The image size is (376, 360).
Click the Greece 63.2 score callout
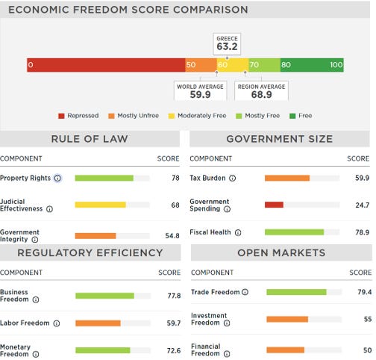(x=227, y=44)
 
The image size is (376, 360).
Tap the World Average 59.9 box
(x=200, y=91)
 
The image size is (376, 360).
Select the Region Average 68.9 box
(x=261, y=91)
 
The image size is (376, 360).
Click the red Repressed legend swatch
(x=61, y=116)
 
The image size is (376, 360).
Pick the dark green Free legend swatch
(x=292, y=116)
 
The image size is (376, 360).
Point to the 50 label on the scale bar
(x=191, y=65)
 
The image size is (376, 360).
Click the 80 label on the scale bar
(x=286, y=65)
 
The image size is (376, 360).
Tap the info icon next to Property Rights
(x=57, y=179)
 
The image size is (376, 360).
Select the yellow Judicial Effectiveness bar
(x=100, y=205)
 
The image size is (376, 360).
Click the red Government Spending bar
(x=274, y=205)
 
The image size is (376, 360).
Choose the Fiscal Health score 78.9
(x=362, y=232)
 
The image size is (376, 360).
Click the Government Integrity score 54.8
(x=172, y=236)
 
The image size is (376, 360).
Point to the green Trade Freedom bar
(x=296, y=292)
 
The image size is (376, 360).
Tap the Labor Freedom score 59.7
(x=174, y=323)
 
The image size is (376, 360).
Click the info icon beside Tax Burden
(x=232, y=179)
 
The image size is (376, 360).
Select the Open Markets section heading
(x=281, y=253)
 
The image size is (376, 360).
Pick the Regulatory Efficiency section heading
(x=90, y=253)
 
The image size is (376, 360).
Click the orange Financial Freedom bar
(x=285, y=350)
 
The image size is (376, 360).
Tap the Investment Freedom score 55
(x=368, y=319)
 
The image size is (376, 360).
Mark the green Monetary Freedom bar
(x=103, y=350)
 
